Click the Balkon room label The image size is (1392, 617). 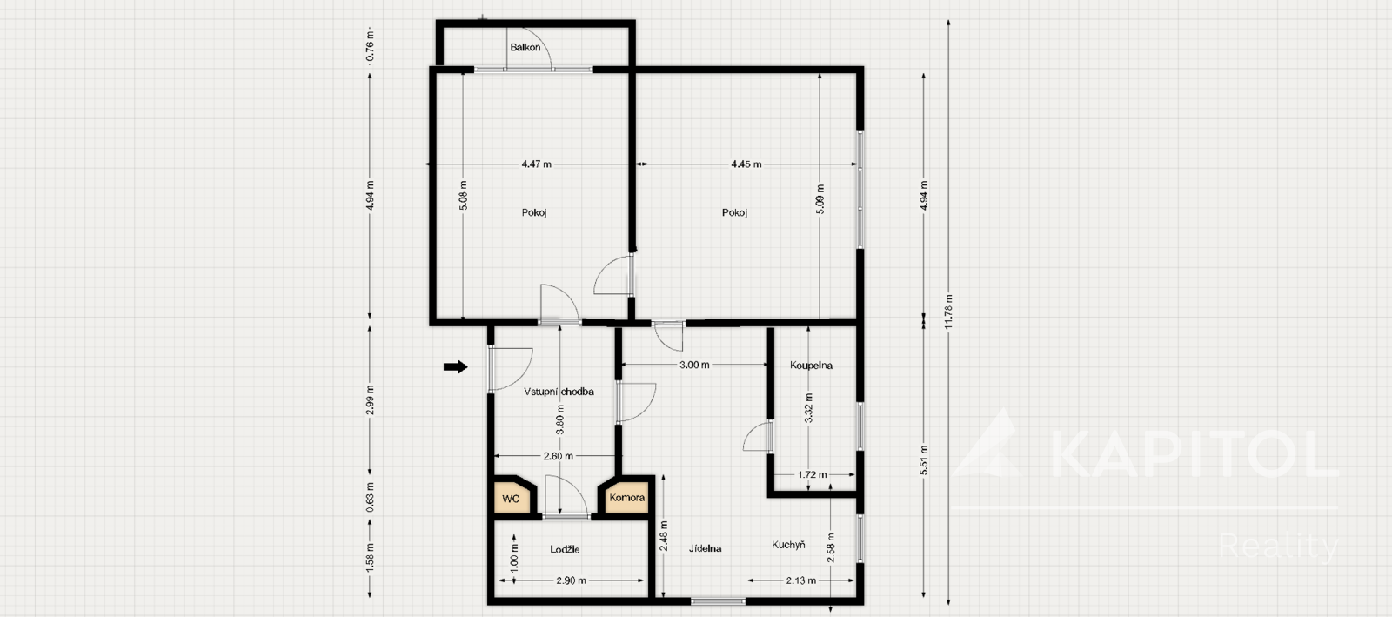point(525,47)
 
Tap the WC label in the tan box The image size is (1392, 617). point(511,499)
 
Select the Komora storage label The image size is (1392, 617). point(627,498)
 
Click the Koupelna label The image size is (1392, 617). point(811,366)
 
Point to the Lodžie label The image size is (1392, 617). point(565,549)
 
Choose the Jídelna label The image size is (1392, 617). point(706,548)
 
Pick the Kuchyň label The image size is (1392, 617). point(788,545)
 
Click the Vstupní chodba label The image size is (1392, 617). point(559,392)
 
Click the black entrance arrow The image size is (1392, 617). point(456,366)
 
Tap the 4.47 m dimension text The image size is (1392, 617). point(536,164)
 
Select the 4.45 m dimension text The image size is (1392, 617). point(746,164)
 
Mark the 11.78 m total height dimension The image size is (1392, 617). point(948,312)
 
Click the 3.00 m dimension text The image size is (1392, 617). point(694,366)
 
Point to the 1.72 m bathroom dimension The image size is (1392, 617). point(813,474)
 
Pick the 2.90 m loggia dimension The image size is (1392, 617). point(571,581)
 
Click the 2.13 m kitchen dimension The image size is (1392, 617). point(801,581)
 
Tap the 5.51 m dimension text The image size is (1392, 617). point(924,460)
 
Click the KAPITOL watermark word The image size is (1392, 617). point(1193,453)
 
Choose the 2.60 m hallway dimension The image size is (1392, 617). point(558,456)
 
